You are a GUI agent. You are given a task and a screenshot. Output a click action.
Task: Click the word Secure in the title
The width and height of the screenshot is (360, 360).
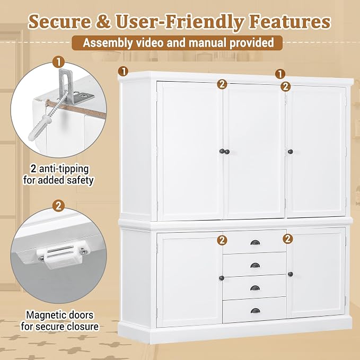[x=59, y=22]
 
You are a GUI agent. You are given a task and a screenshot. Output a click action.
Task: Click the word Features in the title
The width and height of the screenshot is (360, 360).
[x=290, y=22]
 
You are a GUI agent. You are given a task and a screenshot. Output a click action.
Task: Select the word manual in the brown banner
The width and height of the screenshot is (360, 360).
[x=208, y=43]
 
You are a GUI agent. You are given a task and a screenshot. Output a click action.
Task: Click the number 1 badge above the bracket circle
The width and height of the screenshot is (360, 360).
[x=58, y=63]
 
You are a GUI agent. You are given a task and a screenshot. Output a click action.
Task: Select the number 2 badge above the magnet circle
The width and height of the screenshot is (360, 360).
[x=58, y=206]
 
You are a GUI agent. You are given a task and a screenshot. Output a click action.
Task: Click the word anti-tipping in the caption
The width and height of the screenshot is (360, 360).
[x=64, y=169]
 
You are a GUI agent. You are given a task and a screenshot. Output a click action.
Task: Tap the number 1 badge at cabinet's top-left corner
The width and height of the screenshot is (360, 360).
[x=124, y=72]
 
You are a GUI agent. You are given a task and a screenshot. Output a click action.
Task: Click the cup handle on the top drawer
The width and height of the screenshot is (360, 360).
[x=255, y=242]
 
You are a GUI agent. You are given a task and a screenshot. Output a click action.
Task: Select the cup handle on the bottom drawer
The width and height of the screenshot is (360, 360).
[x=255, y=311]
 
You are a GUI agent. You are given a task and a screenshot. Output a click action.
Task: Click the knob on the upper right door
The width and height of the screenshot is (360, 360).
[x=290, y=152]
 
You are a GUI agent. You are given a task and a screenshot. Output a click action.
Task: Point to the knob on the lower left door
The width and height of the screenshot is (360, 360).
[x=222, y=278]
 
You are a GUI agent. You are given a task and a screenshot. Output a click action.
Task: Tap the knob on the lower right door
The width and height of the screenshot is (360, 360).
[x=290, y=274]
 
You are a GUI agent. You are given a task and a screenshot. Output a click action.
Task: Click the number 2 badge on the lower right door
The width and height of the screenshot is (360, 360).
[x=288, y=239]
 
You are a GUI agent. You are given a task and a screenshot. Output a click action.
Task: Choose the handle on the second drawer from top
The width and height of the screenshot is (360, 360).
[x=255, y=266]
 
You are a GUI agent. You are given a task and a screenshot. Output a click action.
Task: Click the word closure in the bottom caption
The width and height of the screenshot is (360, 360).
[x=82, y=326]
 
